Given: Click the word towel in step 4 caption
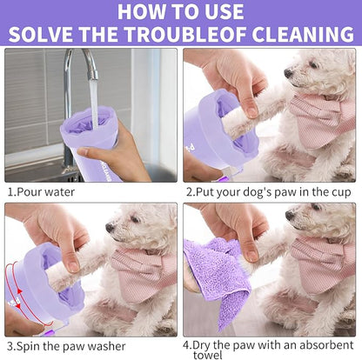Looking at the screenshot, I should pos(203,355).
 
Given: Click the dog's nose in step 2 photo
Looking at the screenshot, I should pos(287,73).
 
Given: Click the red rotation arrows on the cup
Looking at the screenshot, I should pos(16,274).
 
